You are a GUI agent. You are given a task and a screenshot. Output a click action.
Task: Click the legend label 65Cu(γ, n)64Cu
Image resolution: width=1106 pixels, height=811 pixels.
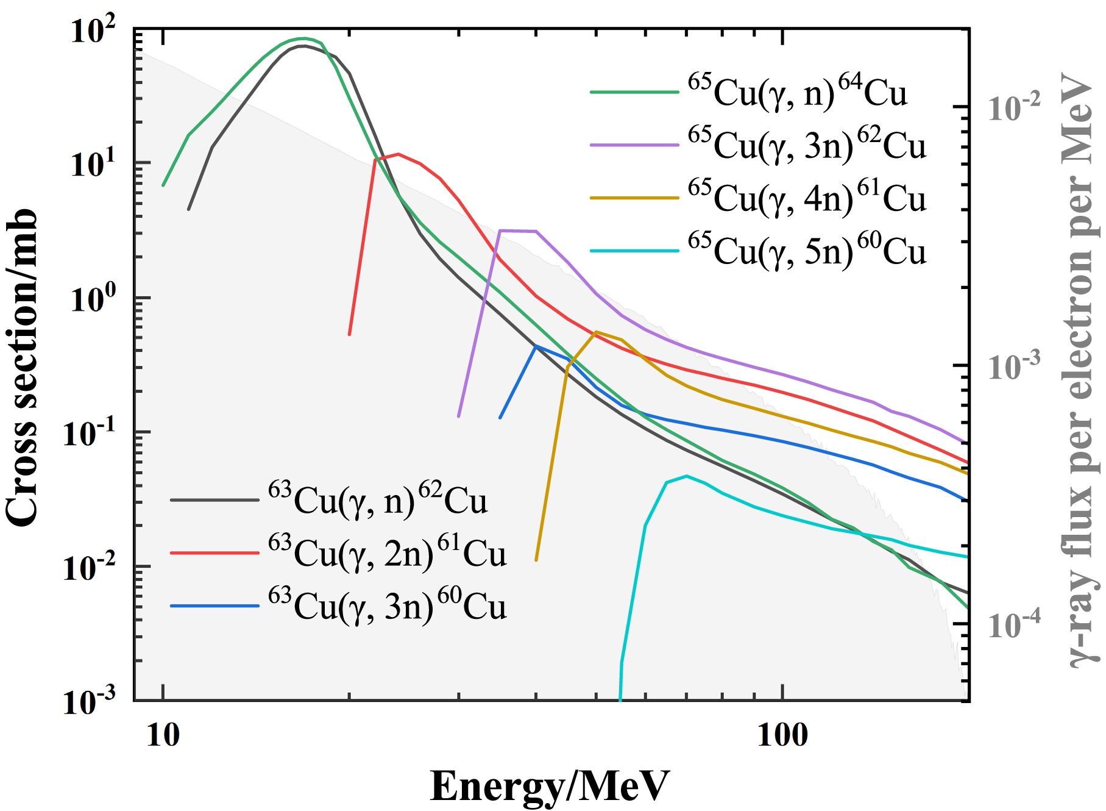pyautogui.click(x=798, y=93)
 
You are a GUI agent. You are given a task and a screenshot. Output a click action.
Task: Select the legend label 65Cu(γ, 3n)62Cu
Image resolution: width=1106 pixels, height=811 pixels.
pyautogui.click(x=807, y=146)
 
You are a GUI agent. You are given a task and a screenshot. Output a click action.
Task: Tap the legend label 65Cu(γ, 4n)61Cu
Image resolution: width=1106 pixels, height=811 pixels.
pyautogui.click(x=807, y=199)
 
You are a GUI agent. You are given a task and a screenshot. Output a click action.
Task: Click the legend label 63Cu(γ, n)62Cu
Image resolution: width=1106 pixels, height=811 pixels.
pyautogui.click(x=378, y=501)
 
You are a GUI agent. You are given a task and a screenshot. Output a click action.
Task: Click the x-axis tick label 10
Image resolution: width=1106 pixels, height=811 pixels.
pyautogui.click(x=163, y=735)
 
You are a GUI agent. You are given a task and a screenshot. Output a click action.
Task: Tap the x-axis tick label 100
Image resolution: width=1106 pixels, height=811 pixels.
pyautogui.click(x=782, y=735)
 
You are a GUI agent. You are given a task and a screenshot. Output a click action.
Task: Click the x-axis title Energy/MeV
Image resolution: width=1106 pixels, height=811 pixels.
pyautogui.click(x=550, y=787)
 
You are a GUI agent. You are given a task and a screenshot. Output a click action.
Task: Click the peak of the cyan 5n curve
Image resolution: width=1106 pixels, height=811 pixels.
pyautogui.click(x=687, y=476)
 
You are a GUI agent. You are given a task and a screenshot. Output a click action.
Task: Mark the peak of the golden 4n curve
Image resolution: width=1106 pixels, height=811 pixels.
pyautogui.click(x=595, y=332)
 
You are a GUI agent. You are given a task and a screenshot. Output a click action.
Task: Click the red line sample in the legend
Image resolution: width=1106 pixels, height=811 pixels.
pyautogui.click(x=214, y=552)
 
